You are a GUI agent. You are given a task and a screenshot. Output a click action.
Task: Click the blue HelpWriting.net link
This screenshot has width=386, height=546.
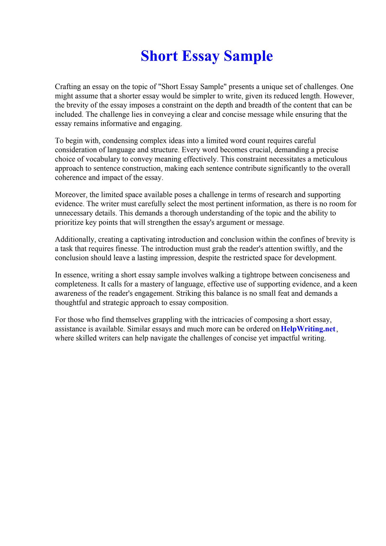tap(308, 329)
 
